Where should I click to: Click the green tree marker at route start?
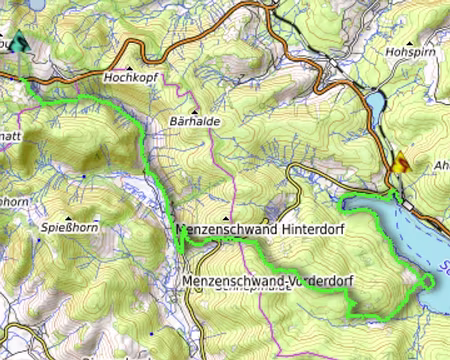point(20,43)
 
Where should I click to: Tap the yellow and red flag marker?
point(401,163)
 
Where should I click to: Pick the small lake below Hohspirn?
point(377,102)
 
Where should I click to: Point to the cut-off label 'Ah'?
point(441,166)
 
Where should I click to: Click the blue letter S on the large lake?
point(443,267)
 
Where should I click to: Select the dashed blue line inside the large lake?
point(420,240)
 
